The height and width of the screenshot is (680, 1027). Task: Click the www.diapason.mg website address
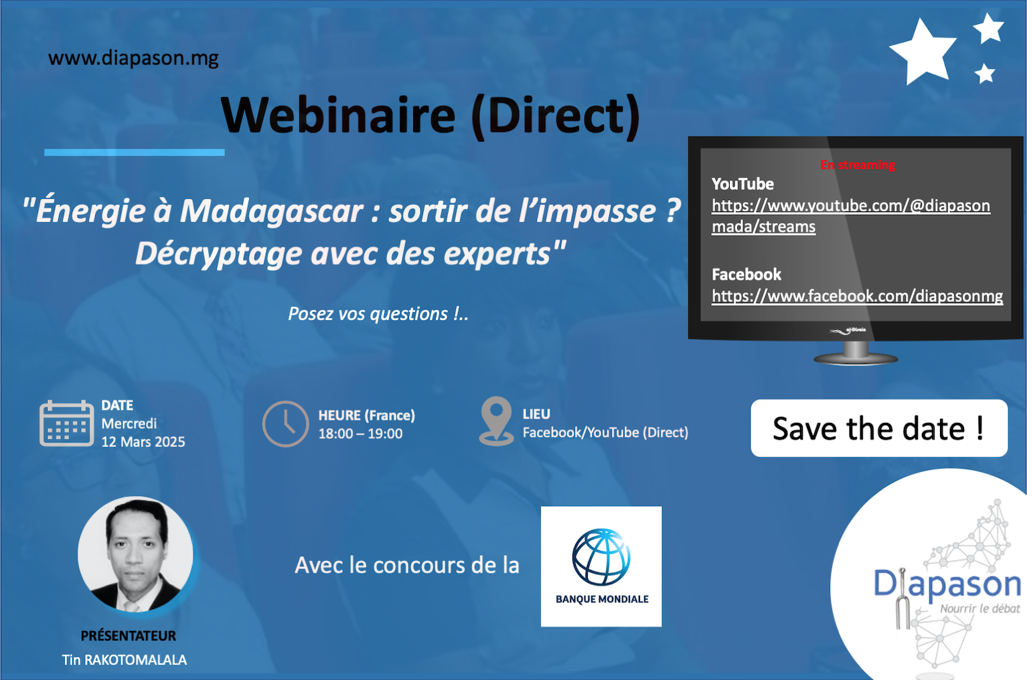[133, 58]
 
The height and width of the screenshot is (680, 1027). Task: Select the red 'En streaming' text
[858, 165]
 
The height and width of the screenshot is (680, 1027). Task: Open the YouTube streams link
[850, 216]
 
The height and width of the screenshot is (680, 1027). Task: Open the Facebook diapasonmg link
[858, 296]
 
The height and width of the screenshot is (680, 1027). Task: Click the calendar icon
[67, 423]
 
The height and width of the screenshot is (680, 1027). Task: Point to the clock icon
[285, 424]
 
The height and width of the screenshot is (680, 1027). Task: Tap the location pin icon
[496, 420]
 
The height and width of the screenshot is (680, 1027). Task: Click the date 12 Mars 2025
[143, 442]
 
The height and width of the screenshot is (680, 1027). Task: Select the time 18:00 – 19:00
[360, 434]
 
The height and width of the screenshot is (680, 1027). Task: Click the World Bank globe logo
[601, 558]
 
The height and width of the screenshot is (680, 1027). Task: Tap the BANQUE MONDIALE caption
[602, 599]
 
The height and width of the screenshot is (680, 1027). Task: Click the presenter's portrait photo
[135, 554]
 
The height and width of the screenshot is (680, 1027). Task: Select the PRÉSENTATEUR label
[129, 636]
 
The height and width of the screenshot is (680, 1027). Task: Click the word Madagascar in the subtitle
[271, 211]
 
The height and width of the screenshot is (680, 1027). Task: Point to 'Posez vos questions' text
[378, 314]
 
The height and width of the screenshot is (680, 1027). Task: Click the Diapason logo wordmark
[947, 584]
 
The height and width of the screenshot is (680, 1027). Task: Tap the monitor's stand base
[856, 359]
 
